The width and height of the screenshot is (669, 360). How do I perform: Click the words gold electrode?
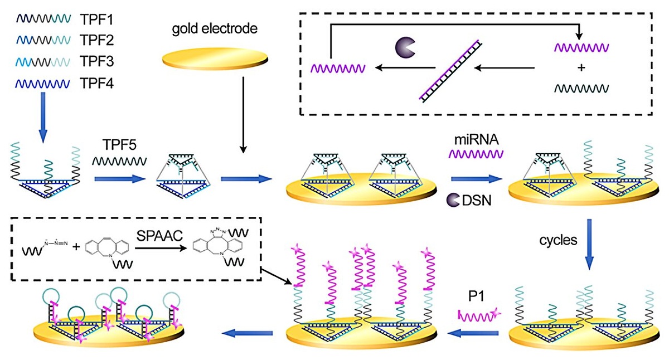click(x=214, y=29)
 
